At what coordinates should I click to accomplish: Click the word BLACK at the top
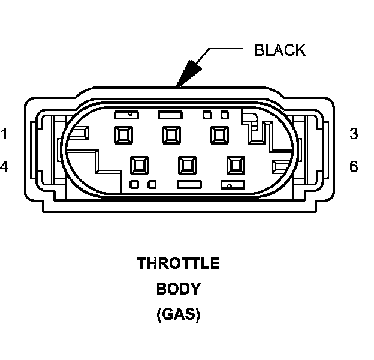click(279, 50)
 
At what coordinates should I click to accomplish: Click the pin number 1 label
click(5, 134)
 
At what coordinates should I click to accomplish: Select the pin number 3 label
click(354, 134)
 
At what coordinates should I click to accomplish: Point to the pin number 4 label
click(5, 166)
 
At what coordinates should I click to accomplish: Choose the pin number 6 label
click(354, 166)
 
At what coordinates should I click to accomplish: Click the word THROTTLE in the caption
click(179, 263)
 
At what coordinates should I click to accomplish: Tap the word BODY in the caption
click(179, 289)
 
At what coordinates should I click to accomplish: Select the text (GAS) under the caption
click(179, 314)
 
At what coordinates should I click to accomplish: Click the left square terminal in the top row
click(123, 134)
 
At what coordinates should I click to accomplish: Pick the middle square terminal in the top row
click(171, 134)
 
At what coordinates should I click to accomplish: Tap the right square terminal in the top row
click(218, 134)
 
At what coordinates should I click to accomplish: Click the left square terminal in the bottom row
click(140, 164)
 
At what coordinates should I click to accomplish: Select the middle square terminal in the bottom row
click(187, 164)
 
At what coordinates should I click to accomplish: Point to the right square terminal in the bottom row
click(234, 164)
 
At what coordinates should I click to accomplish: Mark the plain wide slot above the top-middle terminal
click(168, 113)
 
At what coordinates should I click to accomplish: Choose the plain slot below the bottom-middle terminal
click(188, 184)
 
